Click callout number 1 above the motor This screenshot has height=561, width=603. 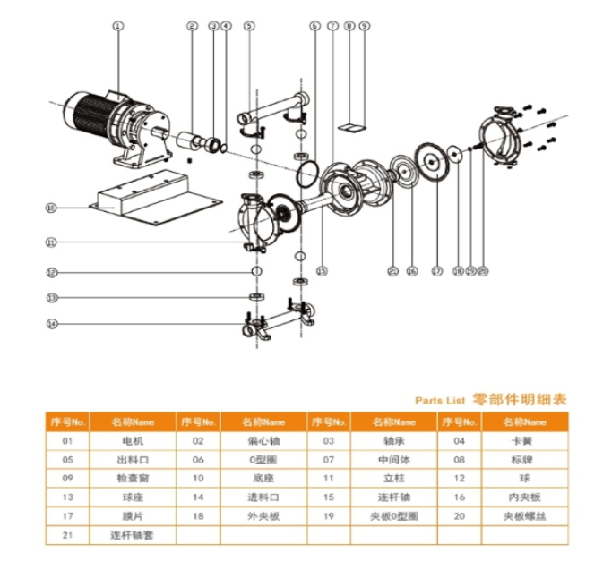click(116, 26)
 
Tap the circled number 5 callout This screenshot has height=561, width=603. click(248, 26)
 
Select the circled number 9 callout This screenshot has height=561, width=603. click(364, 26)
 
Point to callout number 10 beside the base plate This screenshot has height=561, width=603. click(52, 208)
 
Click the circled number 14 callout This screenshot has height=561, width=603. click(52, 324)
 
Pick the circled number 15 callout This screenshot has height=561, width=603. click(322, 270)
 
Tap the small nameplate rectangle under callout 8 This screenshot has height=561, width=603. click(355, 123)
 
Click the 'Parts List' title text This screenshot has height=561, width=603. click(440, 402)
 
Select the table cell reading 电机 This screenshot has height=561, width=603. click(132, 441)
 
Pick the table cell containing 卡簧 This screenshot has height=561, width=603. click(524, 441)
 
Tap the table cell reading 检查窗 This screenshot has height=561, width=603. click(132, 478)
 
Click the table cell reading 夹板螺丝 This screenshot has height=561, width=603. click(524, 516)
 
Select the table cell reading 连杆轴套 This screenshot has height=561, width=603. click(132, 535)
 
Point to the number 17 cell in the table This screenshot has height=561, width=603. click(67, 516)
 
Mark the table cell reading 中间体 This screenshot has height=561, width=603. click(394, 460)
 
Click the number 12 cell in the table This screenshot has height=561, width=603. click(460, 478)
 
